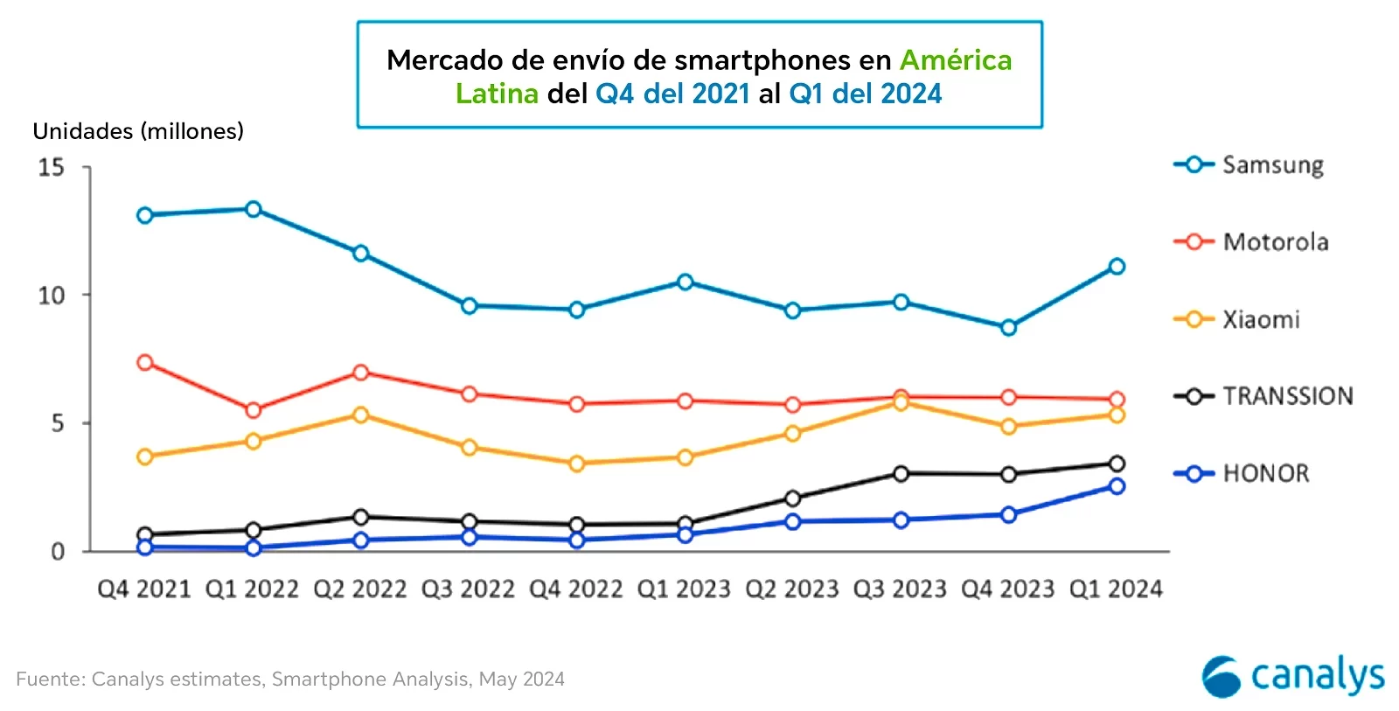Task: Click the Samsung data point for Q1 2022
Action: [254, 209]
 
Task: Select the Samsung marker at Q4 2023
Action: [1008, 327]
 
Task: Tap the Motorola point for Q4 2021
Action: [145, 362]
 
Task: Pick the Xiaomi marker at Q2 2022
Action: [360, 415]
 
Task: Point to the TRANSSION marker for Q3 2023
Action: [901, 473]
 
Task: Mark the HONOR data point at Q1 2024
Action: [1117, 486]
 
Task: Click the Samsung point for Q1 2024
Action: [1117, 266]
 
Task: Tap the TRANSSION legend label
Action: [1287, 396]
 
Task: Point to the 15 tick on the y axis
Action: [52, 167]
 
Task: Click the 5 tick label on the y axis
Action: [58, 423]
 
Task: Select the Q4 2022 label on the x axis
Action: [576, 589]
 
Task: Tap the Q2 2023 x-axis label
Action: [792, 589]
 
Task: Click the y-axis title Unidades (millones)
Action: [138, 131]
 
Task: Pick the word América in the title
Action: [955, 60]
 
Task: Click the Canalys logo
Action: [1292, 676]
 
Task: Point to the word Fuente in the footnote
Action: [50, 680]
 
